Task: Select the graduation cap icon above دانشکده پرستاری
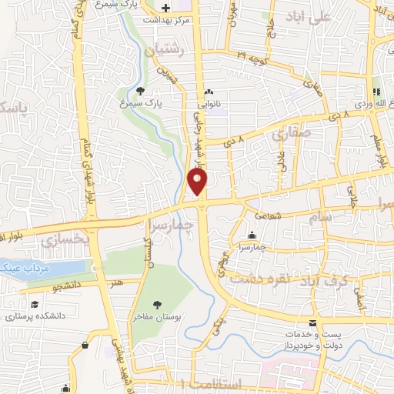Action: (x=35, y=305)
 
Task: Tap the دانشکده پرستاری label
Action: (x=36, y=316)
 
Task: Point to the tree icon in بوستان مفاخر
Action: (x=157, y=306)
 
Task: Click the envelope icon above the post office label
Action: (x=312, y=323)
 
